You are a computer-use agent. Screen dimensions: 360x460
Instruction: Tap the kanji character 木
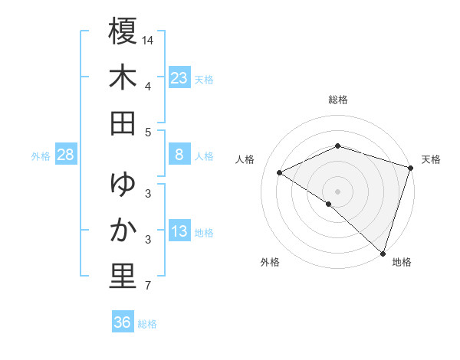click(x=123, y=78)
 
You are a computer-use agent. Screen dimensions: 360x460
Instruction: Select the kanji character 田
click(x=123, y=123)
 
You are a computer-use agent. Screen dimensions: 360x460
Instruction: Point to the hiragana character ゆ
click(x=123, y=185)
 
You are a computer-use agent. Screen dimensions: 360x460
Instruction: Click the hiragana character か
click(x=123, y=231)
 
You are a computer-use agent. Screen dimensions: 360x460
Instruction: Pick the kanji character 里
click(x=123, y=277)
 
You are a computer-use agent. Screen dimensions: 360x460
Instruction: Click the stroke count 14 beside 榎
click(x=149, y=39)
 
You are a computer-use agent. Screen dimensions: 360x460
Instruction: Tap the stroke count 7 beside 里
click(x=148, y=286)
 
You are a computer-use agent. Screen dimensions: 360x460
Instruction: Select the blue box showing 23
click(x=179, y=77)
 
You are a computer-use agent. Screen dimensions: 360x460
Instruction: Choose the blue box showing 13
click(x=179, y=232)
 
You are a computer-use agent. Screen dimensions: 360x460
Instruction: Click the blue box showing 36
click(x=123, y=322)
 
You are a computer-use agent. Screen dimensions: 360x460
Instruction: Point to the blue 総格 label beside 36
click(x=147, y=324)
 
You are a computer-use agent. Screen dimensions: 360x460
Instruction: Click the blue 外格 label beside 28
click(x=41, y=156)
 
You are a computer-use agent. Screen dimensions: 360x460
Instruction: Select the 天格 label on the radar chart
click(x=431, y=159)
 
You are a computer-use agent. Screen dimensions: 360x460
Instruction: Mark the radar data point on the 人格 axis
click(x=280, y=173)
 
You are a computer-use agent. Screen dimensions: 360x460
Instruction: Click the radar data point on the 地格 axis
click(x=383, y=252)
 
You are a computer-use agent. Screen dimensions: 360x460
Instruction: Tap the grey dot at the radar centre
click(x=337, y=191)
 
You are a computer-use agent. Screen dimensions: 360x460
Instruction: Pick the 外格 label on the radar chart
click(x=270, y=262)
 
